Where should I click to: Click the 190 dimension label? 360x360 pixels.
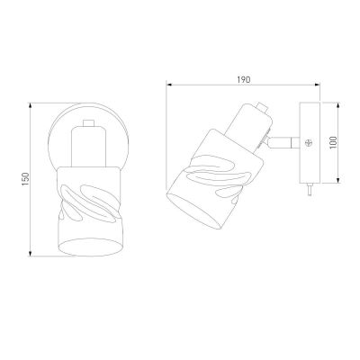[x=244, y=80]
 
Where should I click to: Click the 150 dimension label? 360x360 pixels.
[x=26, y=179]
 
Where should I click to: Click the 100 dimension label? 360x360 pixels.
[x=333, y=143]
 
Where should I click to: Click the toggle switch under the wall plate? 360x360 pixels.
[x=309, y=190]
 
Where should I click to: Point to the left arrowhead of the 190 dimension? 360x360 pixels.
[x=169, y=85]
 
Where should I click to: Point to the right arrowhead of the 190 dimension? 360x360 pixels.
[x=318, y=85]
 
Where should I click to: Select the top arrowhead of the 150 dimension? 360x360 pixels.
[x=30, y=106]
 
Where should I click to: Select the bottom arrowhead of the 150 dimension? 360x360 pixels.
[x=30, y=254]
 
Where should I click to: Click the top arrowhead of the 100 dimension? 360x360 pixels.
[x=338, y=105]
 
